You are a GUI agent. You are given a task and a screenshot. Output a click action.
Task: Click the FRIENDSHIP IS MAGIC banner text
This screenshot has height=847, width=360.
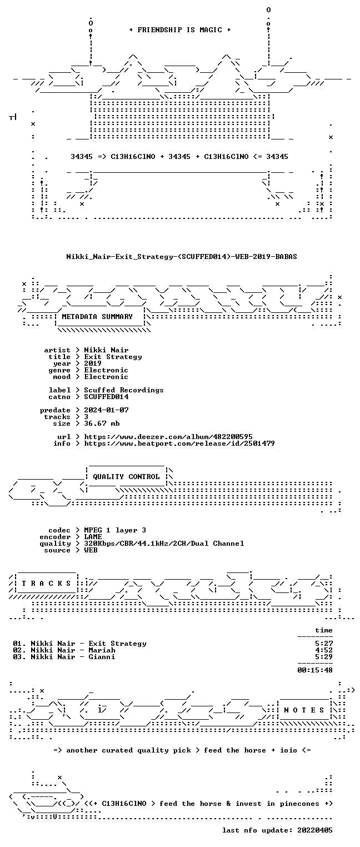point(179,30)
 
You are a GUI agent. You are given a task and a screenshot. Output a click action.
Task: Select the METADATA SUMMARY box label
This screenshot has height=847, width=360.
point(97,316)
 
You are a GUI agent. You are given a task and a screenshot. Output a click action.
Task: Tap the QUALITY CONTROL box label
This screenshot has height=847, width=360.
point(126,476)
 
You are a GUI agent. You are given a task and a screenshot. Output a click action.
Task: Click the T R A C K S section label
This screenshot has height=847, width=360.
point(47,583)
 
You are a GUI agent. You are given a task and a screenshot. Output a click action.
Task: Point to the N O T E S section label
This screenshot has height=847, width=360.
point(304,710)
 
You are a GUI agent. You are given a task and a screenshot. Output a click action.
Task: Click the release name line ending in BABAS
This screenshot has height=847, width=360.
point(182,257)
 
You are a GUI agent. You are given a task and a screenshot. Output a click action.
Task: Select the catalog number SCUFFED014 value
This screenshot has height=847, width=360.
point(106,397)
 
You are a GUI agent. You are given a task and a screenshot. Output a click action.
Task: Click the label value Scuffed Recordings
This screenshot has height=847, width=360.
point(124,390)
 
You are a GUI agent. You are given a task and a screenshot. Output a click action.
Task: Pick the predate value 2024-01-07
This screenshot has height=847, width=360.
point(106,410)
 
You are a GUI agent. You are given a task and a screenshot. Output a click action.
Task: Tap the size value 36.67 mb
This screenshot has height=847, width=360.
point(102,423)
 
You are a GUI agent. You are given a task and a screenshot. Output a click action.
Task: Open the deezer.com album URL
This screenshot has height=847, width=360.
point(168,437)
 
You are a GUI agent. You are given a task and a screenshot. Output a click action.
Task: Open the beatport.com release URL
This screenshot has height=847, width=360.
point(179,444)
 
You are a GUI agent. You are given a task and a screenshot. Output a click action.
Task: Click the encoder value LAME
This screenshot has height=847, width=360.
point(93,536)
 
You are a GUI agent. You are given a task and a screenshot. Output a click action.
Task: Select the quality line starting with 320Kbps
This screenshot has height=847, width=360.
point(164,544)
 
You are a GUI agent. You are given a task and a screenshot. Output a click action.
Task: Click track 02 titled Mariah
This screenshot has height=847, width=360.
point(64,650)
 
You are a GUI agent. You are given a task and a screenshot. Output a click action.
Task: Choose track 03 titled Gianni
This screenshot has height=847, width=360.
point(64,657)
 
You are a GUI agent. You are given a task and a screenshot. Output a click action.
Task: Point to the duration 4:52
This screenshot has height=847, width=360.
point(324,650)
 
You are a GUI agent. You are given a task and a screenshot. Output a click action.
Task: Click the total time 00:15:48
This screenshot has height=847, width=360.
point(315,670)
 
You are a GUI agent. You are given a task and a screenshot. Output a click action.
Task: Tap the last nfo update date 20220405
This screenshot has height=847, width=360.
point(315,830)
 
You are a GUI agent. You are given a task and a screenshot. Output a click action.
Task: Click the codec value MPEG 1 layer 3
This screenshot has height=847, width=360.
point(115,530)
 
